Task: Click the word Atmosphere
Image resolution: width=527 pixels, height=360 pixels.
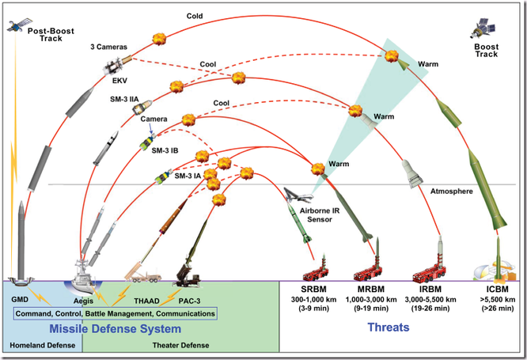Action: (x=452, y=191)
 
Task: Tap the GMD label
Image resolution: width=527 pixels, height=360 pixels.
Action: (x=21, y=300)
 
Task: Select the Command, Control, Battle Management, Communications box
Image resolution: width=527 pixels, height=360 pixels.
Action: (x=116, y=314)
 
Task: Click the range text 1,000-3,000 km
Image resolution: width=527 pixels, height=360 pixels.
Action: (x=373, y=301)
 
